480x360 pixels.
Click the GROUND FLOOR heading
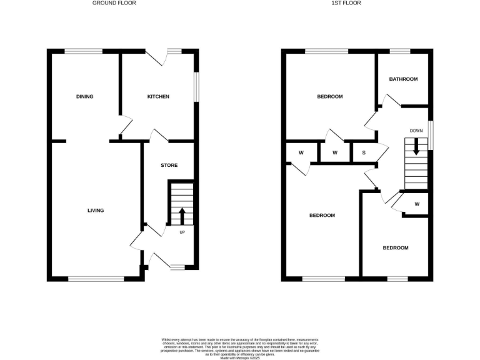click(x=114, y=3)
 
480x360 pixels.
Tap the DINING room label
click(x=84, y=97)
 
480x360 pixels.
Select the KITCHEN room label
click(x=158, y=97)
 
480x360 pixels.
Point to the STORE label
click(x=169, y=166)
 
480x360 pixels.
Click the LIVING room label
click(x=96, y=211)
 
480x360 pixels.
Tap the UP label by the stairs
click(x=182, y=233)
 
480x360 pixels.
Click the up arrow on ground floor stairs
click(x=182, y=216)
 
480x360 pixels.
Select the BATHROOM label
click(x=403, y=79)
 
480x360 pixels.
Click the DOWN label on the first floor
click(x=416, y=131)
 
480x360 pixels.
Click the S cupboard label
click(x=364, y=153)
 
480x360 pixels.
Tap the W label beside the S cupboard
click(x=335, y=153)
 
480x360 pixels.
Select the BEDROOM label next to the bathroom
click(x=330, y=97)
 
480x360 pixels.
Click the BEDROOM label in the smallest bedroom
click(x=396, y=248)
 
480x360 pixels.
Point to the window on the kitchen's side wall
click(x=197, y=87)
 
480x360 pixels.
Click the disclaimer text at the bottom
click(x=239, y=347)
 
